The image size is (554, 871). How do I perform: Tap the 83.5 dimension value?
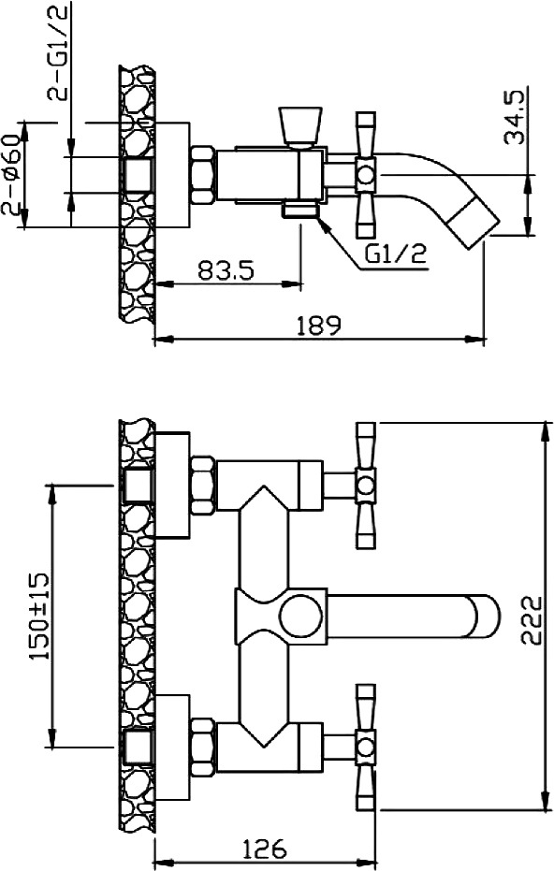coord(226,270)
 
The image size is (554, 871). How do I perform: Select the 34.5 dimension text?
coord(514,118)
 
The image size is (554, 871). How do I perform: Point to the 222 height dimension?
coord(532,620)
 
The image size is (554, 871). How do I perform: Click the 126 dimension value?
coord(265,849)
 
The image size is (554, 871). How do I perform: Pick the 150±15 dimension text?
coord(39,617)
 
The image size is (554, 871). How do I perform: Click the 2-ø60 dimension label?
coord(12,175)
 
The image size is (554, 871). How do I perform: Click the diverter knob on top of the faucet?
coord(300,126)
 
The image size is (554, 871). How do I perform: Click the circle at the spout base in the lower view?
coord(300,617)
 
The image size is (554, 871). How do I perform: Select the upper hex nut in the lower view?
coord(203,486)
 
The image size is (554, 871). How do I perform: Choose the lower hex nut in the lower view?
coord(203,747)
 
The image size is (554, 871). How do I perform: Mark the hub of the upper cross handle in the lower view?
coord(366,486)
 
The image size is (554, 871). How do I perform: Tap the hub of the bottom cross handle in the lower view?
coord(366,747)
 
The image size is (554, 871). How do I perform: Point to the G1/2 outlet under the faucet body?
coord(300,210)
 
